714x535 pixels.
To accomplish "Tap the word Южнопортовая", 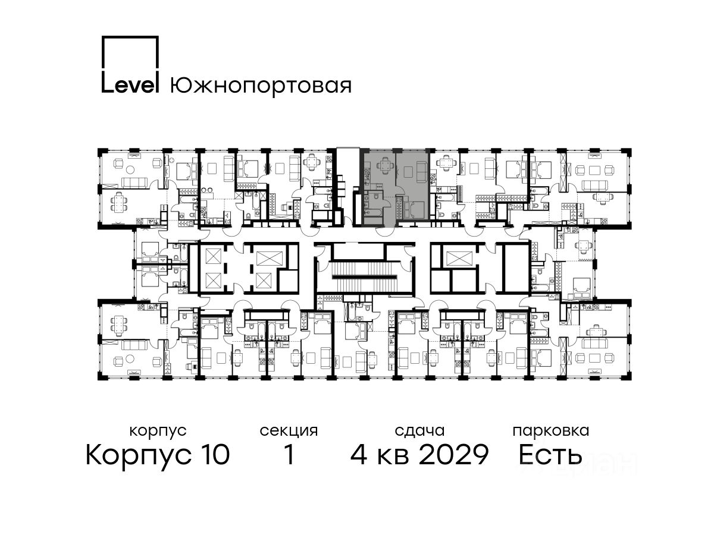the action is pyautogui.click(x=261, y=86).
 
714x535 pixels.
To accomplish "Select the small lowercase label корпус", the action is pyautogui.click(x=158, y=432).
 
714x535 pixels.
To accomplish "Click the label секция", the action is pyautogui.click(x=288, y=431).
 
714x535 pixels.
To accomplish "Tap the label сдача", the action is pyautogui.click(x=419, y=431).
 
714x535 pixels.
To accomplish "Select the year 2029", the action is pyautogui.click(x=453, y=454).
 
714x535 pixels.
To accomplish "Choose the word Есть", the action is pyautogui.click(x=550, y=454).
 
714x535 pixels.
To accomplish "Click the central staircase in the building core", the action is pyautogui.click(x=365, y=276).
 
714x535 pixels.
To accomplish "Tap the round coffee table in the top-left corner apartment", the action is pyautogui.click(x=130, y=169).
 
